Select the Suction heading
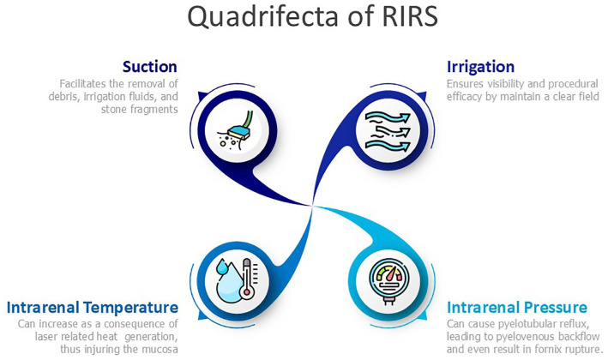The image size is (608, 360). pos(150,66)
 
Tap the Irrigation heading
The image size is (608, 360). pos(480,66)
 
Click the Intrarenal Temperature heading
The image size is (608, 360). pos(92,307)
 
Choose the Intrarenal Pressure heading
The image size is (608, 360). pos(516,307)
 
